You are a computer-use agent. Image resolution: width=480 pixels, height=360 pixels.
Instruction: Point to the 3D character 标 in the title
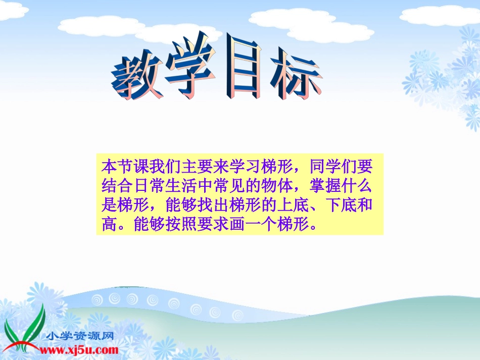(x=296, y=76)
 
